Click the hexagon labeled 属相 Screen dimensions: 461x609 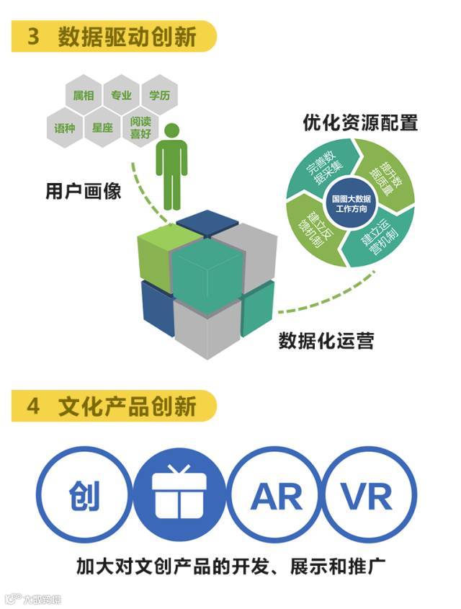click(84, 96)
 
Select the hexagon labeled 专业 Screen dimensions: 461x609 click(122, 96)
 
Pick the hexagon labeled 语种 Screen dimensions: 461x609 click(65, 128)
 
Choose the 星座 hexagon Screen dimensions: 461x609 click(102, 128)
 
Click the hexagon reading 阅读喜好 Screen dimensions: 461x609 click(140, 128)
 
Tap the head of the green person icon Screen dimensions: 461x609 click(171, 132)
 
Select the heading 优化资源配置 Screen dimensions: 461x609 click(360, 123)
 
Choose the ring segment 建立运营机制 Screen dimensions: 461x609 click(380, 234)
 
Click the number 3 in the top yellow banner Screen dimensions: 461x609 click(34, 37)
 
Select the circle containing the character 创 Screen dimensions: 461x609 click(84, 495)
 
